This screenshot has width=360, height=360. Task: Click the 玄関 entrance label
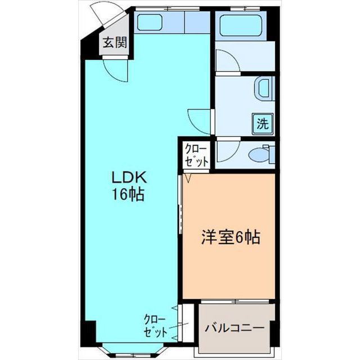tap(115, 42)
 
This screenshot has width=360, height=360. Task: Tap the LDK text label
tap(129, 178)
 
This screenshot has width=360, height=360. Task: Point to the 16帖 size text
tap(128, 195)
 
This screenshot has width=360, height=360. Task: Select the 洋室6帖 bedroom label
tap(231, 237)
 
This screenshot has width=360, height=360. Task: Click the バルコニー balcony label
tap(235, 328)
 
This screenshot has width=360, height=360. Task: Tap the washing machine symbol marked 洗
tap(263, 124)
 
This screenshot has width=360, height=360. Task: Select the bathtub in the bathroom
tap(241, 25)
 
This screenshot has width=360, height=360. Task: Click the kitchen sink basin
tap(150, 22)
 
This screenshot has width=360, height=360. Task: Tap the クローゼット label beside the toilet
tap(196, 155)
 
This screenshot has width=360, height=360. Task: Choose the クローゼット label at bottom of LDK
tap(155, 326)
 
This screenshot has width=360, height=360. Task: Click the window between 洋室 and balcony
tap(235, 301)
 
